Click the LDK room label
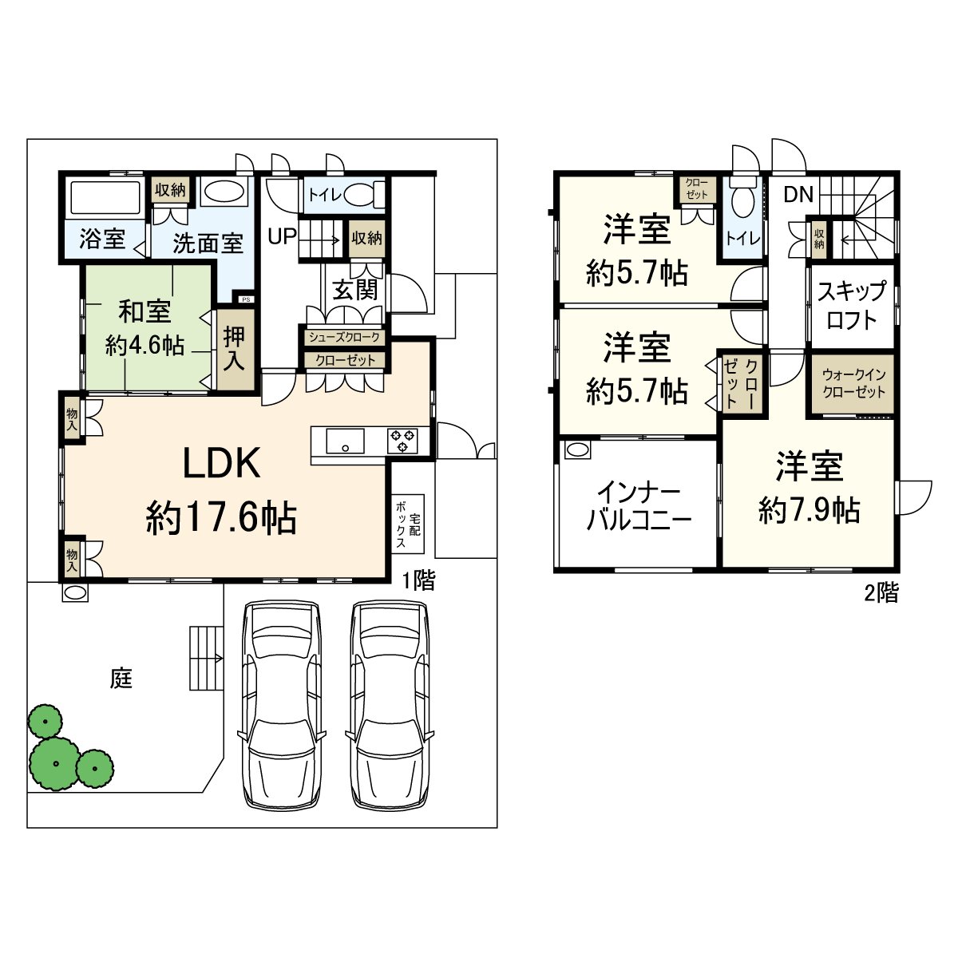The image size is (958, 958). (221, 463)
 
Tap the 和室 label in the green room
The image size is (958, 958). (145, 311)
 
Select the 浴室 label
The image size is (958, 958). (102, 239)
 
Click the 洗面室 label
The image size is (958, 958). (208, 243)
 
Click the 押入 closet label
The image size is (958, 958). (234, 348)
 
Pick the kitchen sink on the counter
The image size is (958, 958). (345, 441)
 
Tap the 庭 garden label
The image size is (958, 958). (121, 679)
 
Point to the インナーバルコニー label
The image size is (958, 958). (639, 506)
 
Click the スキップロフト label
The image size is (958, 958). (851, 305)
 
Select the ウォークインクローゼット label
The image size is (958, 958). (853, 383)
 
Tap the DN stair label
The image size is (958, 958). (798, 194)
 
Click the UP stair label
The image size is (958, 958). (282, 236)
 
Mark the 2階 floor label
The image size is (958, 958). (881, 592)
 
